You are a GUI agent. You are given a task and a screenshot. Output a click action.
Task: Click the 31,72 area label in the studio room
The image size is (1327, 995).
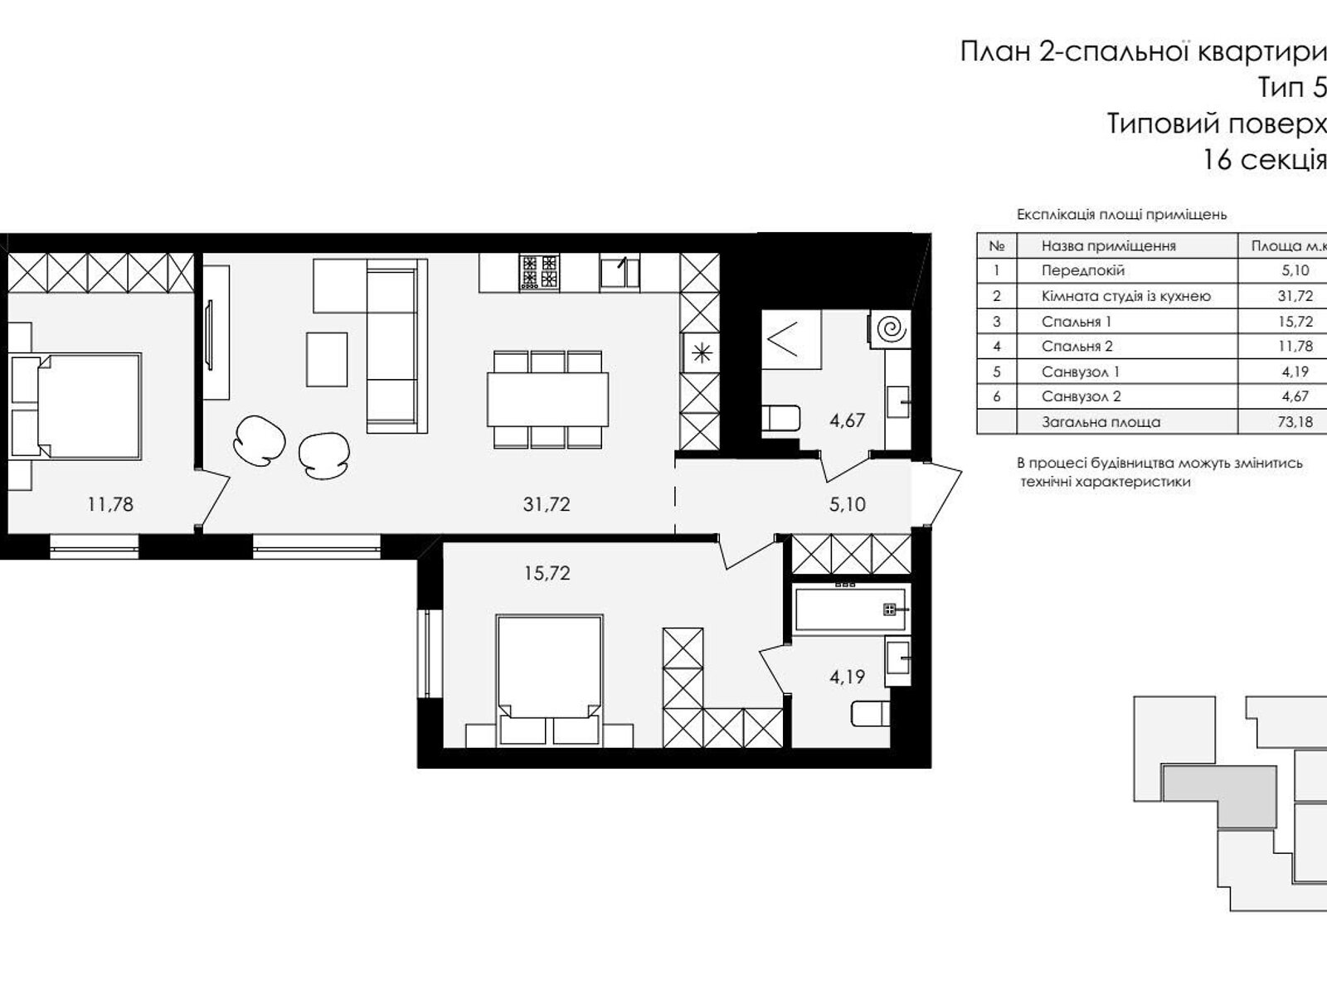pos(547,504)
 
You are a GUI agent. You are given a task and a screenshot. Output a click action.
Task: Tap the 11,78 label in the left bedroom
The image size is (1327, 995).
pos(110,504)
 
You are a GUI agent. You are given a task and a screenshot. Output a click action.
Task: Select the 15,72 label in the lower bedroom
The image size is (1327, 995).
pos(547,573)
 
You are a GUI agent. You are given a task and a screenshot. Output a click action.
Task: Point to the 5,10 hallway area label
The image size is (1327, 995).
pos(847,504)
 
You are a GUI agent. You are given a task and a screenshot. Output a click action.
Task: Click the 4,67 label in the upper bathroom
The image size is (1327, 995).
pos(847,420)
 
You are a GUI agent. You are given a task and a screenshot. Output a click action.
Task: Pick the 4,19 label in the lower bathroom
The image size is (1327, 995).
pos(847,677)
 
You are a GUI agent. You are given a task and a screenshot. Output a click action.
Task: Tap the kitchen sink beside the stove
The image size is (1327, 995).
pos(620,271)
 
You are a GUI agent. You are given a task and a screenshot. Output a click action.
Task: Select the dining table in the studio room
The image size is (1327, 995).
pos(547,400)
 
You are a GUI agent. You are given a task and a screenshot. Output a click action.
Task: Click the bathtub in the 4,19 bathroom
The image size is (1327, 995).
pos(850,609)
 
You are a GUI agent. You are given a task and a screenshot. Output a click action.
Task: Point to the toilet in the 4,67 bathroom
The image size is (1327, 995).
pos(780,418)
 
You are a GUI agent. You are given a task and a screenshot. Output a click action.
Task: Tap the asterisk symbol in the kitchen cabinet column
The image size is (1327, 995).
pos(702,352)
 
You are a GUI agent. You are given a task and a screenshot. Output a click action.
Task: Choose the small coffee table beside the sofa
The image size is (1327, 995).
pos(327,360)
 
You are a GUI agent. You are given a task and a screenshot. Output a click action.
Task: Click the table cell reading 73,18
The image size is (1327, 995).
pos(1295,422)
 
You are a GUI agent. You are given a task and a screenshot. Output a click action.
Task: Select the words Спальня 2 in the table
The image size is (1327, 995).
pos(1077,346)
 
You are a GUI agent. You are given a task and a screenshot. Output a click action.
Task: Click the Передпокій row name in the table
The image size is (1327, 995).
pos(1083,270)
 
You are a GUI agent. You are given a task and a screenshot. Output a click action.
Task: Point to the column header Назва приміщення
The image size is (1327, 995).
pos(1109,246)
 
